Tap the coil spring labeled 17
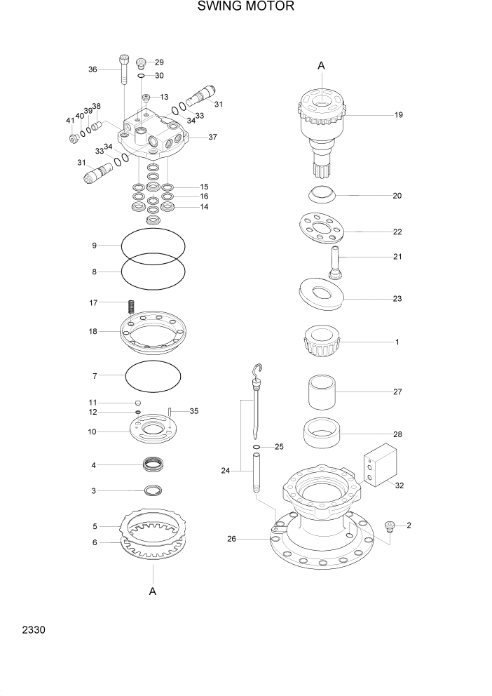coord(130,307)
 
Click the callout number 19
coord(397,114)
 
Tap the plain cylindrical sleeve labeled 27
coord(322,391)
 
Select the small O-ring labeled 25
coord(257,446)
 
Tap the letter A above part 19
coord(322,65)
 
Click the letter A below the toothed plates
coord(152,591)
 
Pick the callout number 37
coord(212,138)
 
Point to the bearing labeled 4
coord(153,464)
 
